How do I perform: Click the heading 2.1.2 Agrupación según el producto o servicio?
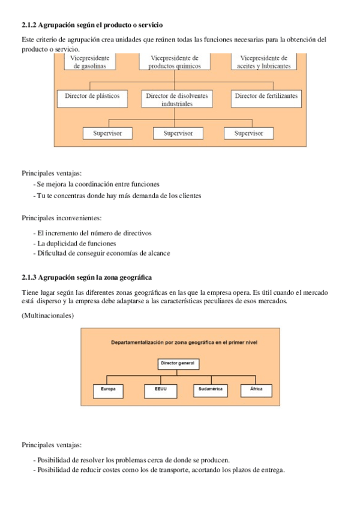[x=92, y=25]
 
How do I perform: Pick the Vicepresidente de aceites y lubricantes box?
[x=264, y=62]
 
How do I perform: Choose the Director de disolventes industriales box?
[x=177, y=99]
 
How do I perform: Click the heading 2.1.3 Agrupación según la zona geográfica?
[x=86, y=277]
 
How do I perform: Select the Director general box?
[x=179, y=364]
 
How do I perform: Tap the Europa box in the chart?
[x=109, y=390]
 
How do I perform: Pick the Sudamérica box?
[x=211, y=390]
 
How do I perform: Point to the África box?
[x=256, y=390]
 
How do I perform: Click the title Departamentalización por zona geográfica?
[x=184, y=342]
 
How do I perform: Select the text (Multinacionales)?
[x=47, y=315]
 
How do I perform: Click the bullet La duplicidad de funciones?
[x=76, y=243]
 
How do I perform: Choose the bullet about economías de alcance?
[x=103, y=253]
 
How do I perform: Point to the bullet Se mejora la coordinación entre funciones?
[x=98, y=184]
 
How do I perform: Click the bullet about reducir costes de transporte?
[x=160, y=469]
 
